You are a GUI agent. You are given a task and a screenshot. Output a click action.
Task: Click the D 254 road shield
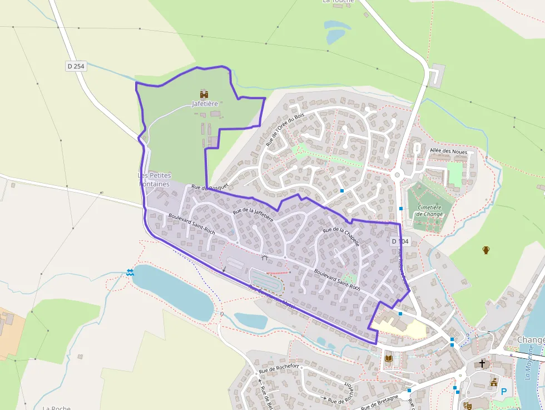(76, 66)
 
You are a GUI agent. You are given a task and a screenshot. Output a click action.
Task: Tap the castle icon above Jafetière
(204, 94)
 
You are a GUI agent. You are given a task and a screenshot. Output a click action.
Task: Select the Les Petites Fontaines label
(154, 179)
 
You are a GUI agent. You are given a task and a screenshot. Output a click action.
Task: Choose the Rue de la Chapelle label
(341, 236)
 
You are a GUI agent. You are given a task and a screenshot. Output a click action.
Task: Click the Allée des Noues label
(449, 151)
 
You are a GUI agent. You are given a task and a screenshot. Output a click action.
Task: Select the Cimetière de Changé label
(429, 210)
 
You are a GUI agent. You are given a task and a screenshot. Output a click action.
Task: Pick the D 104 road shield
(400, 241)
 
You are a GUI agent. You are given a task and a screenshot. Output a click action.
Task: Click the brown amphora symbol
(486, 250)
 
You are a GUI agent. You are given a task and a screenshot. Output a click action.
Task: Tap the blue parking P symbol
(504, 392)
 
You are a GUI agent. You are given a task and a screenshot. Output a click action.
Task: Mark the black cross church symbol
(482, 364)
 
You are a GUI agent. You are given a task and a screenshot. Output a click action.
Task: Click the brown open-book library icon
(389, 358)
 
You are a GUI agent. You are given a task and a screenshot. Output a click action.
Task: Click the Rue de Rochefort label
(279, 368)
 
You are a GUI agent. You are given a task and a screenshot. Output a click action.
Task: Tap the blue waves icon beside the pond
(130, 272)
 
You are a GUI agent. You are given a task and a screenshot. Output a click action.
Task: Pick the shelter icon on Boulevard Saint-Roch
(265, 257)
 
